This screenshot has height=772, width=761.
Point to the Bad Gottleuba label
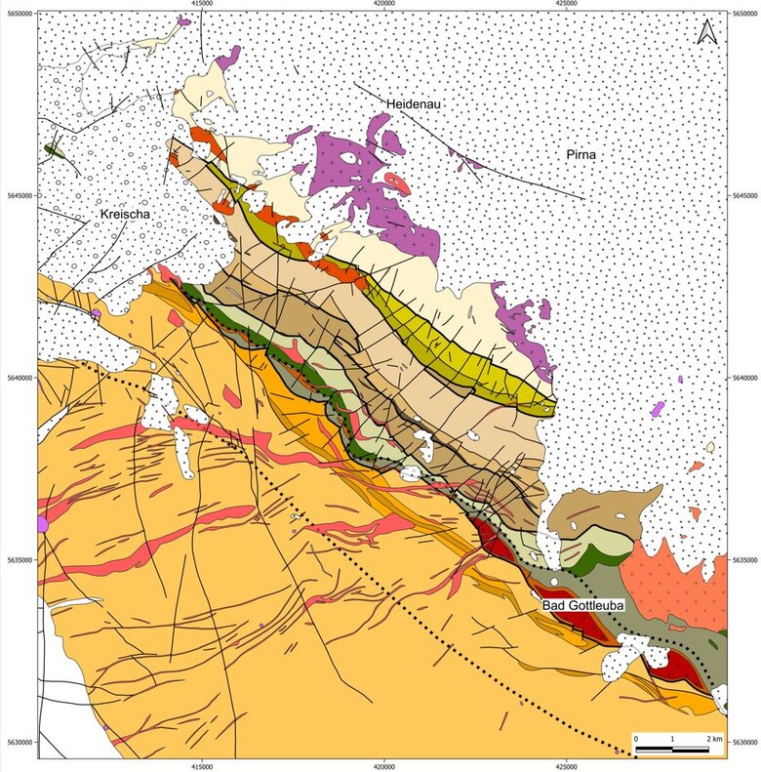click(x=582, y=606)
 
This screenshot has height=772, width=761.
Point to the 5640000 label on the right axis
click(x=744, y=378)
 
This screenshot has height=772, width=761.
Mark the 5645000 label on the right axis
click(x=744, y=196)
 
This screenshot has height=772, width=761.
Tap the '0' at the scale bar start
click(x=636, y=739)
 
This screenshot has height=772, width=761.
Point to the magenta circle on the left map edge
click(x=41, y=525)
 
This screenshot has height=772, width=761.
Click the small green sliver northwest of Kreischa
click(x=55, y=150)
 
